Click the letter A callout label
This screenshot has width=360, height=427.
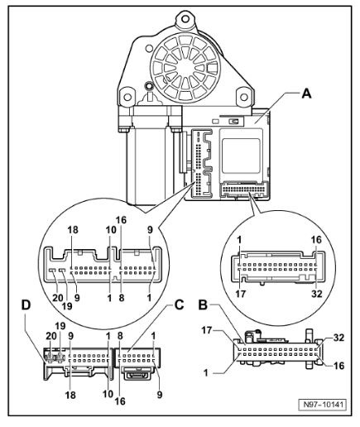coord(306,94)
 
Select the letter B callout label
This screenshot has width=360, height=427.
coord(204,305)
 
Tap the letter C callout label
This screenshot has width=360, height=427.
coord(179,305)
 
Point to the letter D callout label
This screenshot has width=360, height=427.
coord(26,305)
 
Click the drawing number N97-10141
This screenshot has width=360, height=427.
coord(324,405)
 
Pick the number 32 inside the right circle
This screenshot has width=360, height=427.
coord(317,294)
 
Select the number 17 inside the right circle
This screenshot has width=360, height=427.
coord(241,294)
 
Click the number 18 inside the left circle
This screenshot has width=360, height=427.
coord(73,230)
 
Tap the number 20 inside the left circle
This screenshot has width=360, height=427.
coord(58,298)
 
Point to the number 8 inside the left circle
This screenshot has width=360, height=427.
coord(122,298)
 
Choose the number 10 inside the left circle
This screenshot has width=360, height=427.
coord(112,230)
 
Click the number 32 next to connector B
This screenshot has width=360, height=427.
coord(339,338)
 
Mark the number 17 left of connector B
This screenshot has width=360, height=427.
coord(207,330)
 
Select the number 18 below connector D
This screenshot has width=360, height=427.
coord(70,395)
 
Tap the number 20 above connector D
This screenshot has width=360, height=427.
coord(51,336)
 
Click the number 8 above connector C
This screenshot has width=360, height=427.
coord(120,336)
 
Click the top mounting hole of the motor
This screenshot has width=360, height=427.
coord(185,19)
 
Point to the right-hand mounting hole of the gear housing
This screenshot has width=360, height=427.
coord(244,97)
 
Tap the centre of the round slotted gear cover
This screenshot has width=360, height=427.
coord(185,67)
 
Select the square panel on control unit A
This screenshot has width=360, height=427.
coord(241,156)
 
